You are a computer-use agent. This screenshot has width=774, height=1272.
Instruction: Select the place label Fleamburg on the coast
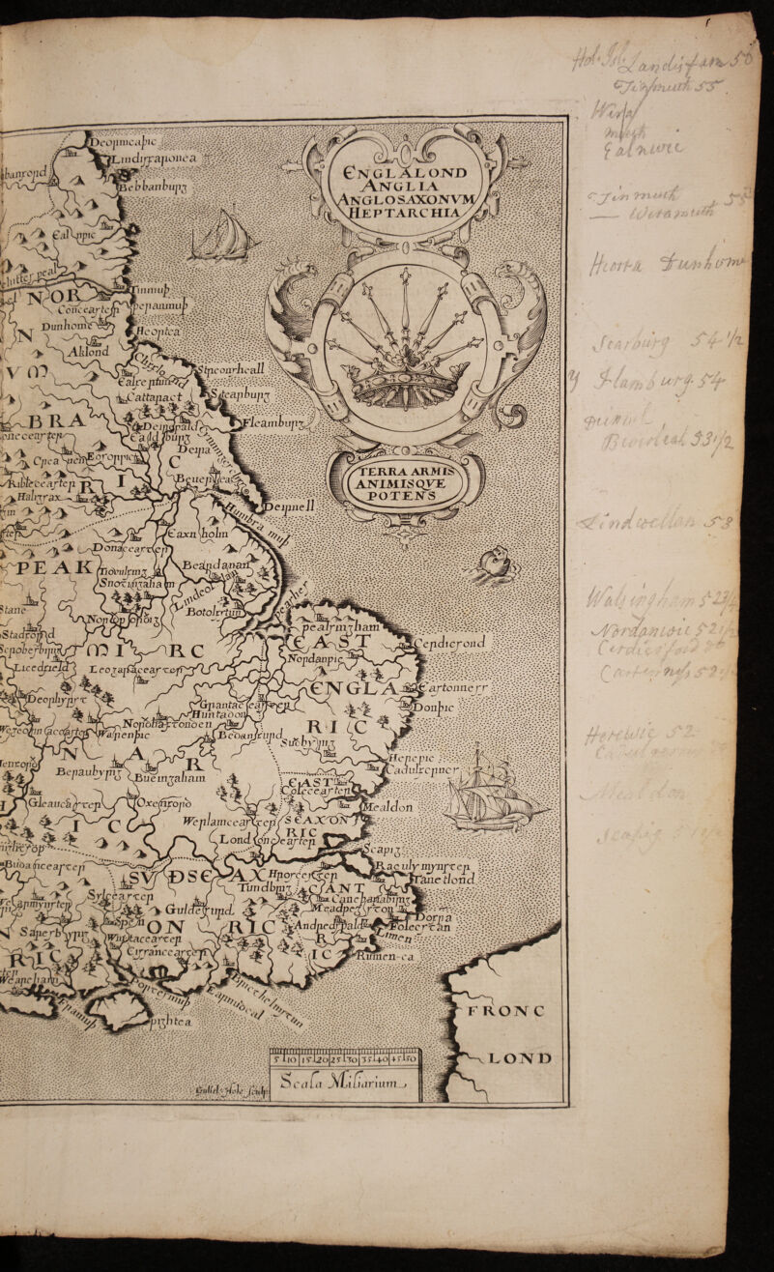[x=273, y=422]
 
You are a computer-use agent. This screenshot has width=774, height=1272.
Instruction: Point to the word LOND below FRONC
[x=523, y=1057]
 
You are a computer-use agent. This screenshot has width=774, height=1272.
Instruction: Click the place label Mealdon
[x=388, y=806]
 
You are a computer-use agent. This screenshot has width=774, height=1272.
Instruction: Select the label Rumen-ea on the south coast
[x=384, y=957]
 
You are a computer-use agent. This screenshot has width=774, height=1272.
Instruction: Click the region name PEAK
[x=54, y=568]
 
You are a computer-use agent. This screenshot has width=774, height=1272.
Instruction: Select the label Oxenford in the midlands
[x=163, y=802]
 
